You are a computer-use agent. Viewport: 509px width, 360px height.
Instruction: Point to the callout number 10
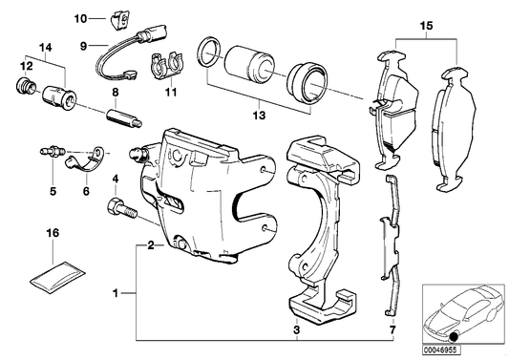tap(80, 18)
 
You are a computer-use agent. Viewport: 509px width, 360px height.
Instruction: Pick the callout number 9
tap(84, 45)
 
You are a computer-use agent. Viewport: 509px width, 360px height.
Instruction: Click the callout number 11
tap(172, 94)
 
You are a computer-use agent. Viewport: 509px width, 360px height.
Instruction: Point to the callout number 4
tap(116, 179)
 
